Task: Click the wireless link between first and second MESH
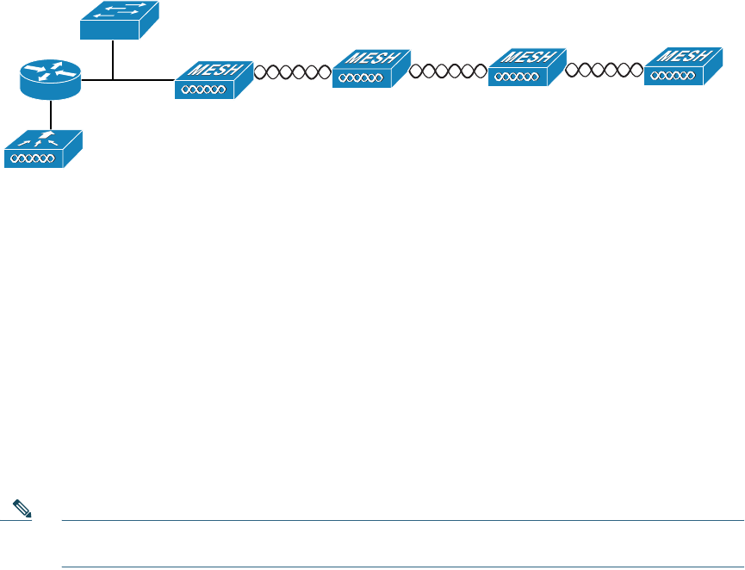[293, 71]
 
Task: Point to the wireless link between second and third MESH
[449, 71]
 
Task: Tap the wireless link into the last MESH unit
[605, 70]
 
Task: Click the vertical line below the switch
[113, 59]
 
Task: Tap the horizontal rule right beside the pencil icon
[388, 520]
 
